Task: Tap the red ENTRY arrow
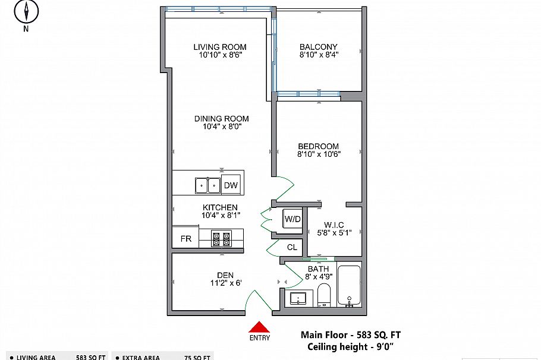click(259, 327)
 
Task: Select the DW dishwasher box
click(231, 185)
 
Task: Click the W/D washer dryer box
click(292, 219)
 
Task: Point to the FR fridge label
click(186, 239)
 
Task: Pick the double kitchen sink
click(207, 185)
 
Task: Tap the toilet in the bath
click(324, 295)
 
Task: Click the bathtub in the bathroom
click(349, 286)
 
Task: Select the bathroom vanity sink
click(298, 298)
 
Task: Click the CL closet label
click(292, 247)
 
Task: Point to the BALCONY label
click(318, 47)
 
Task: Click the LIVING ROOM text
click(220, 47)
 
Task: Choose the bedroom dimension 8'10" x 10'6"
click(318, 154)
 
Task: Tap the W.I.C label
click(334, 225)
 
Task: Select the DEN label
click(225, 274)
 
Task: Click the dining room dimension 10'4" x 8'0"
click(221, 126)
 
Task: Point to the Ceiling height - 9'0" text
click(351, 347)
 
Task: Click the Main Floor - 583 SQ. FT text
click(350, 335)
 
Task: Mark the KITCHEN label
click(220, 207)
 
